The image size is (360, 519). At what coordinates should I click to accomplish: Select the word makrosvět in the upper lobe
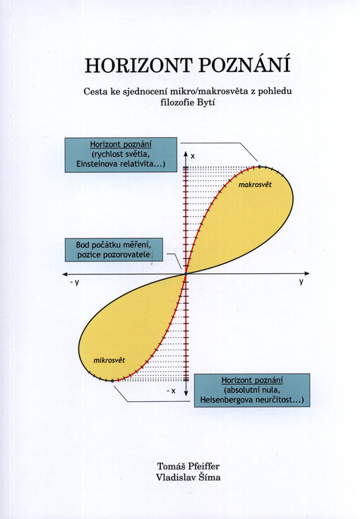[256, 184]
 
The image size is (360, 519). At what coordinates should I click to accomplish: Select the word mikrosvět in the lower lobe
[109, 361]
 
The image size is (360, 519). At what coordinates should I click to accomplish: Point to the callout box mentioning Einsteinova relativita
[120, 155]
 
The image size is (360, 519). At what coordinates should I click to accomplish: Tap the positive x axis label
[193, 155]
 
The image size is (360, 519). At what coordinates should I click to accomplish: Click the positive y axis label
[300, 281]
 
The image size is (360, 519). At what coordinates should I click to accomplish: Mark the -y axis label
[74, 282]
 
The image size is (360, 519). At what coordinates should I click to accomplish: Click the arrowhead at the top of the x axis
[186, 153]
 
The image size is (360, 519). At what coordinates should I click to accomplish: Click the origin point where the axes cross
[186, 273]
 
